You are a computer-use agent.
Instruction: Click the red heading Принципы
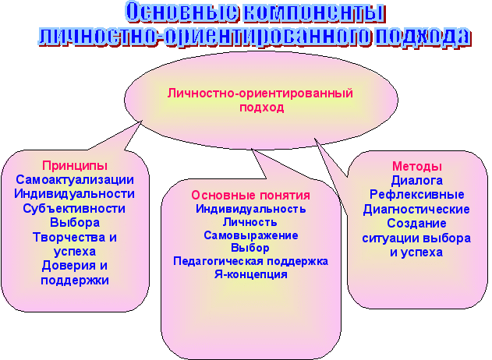pos(75,166)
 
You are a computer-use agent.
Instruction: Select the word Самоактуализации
pos(75,180)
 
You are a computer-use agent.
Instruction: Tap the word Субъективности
pos(74,209)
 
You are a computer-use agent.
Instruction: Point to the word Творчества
pos(67,237)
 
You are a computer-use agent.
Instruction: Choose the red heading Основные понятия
pos(251,196)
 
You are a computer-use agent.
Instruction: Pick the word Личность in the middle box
pos(250,222)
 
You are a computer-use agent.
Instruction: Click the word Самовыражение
pos(251,235)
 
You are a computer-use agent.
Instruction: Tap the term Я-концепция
pos(251,274)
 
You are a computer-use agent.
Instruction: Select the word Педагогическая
pos(218,261)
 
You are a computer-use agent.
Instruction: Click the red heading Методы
pos(417,166)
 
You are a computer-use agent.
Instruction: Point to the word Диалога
pos(417,181)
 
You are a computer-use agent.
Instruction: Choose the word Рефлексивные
pos(416,195)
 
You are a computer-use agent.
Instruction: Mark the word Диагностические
pos(416,209)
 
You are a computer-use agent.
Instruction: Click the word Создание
pos(416,224)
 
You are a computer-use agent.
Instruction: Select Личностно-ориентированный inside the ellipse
pos(260,94)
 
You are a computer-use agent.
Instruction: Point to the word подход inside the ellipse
pos(262,108)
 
